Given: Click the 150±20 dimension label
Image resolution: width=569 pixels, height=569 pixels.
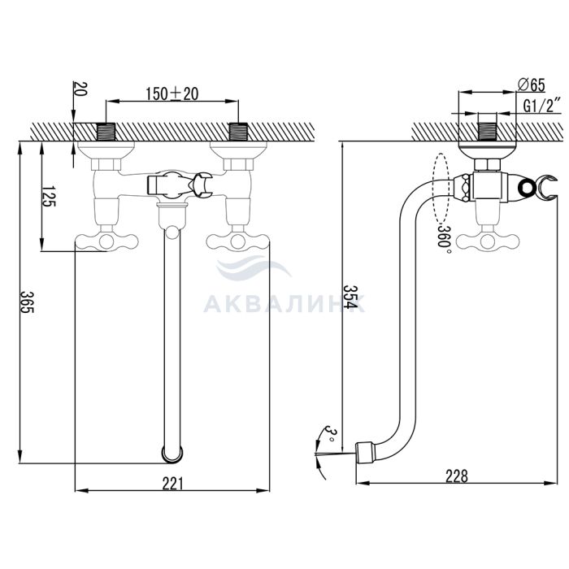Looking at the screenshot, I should pos(172,93).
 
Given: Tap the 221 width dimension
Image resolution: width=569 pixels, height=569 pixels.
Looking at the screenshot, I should pos(172,483).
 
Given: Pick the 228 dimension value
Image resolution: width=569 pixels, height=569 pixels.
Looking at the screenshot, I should pos(456,477).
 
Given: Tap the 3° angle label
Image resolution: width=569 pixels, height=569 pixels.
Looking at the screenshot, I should pos(328,431).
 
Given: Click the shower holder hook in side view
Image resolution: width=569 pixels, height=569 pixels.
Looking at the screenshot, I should pos(539,188).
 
